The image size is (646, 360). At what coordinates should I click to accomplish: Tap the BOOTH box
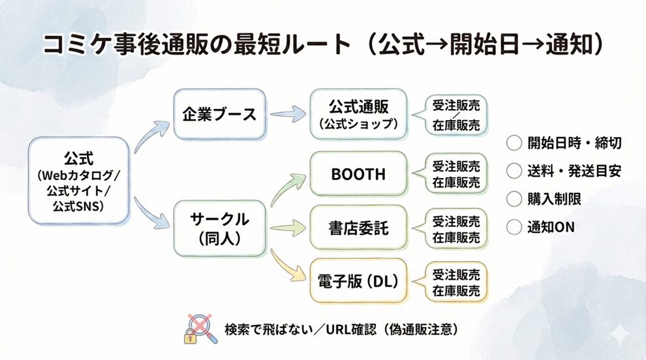click(x=358, y=174)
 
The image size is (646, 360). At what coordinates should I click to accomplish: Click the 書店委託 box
click(x=358, y=228)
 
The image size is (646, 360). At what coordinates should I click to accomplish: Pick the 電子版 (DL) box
click(x=358, y=281)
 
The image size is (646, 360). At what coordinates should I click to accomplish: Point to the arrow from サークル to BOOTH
click(x=286, y=189)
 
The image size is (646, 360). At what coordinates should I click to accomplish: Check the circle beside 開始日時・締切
click(x=514, y=143)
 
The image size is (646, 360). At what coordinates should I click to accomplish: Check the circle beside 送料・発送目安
click(x=514, y=171)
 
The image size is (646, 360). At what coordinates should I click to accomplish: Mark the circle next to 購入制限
click(x=514, y=199)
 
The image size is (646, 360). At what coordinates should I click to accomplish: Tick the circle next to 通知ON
click(x=514, y=227)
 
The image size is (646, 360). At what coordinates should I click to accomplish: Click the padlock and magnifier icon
click(x=198, y=328)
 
